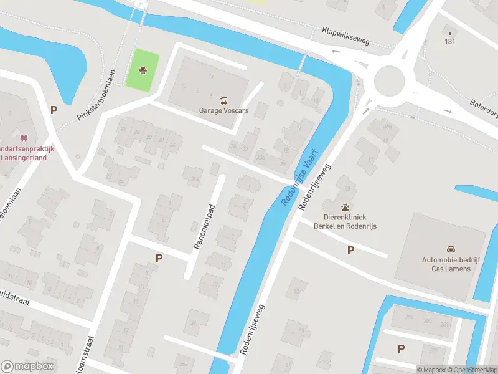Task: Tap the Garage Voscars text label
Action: tap(223, 110)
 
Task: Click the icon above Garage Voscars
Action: tap(223, 100)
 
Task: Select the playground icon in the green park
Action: tap(143, 70)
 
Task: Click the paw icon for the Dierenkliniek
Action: tap(345, 206)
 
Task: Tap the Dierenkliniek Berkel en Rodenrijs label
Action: tap(345, 221)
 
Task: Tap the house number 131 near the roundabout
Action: tap(449, 42)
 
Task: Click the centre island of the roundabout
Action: tap(390, 80)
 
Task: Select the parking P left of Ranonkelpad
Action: tap(159, 258)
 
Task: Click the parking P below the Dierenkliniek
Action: tap(351, 251)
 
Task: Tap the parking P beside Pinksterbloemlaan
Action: tap(54, 110)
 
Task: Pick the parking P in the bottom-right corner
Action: tap(402, 349)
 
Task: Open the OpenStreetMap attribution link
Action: tap(474, 370)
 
